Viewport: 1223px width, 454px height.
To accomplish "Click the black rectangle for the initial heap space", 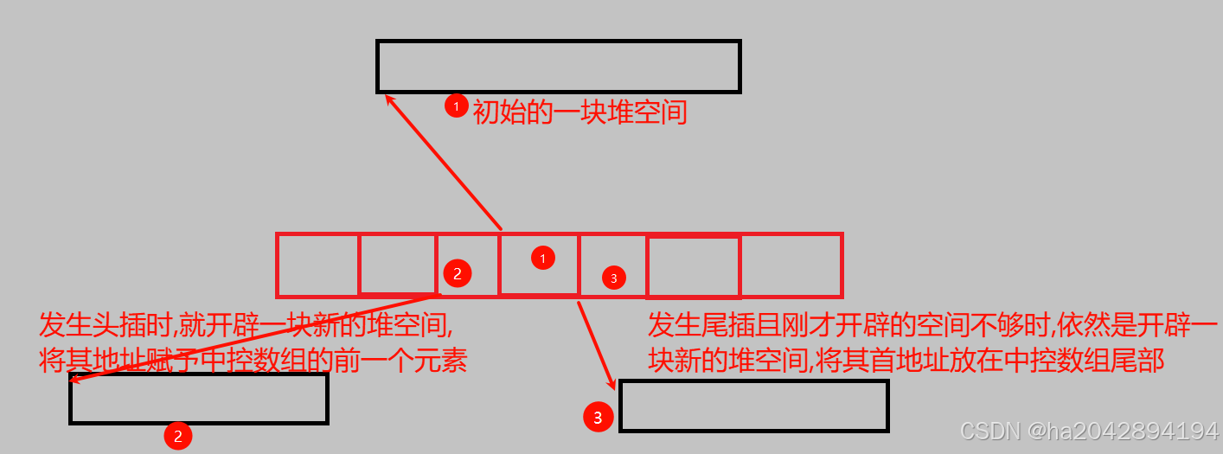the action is tap(559, 67).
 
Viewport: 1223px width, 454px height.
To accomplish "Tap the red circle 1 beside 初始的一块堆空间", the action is tap(457, 106).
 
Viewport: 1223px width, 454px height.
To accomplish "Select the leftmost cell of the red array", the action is tap(317, 265).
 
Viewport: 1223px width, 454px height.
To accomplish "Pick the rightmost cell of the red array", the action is tap(791, 265).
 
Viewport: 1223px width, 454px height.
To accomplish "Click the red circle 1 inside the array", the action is tap(542, 258).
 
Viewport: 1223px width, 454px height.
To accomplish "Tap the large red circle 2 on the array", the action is tap(458, 273).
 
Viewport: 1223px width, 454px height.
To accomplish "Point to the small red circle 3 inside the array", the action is tap(613, 278).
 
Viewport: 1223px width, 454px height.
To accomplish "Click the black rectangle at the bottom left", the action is tap(198, 399).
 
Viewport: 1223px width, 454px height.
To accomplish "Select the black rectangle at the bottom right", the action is tap(754, 406).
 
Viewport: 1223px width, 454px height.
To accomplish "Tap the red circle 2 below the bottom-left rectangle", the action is tap(177, 437).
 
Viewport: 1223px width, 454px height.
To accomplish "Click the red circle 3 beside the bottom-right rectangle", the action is tap(598, 418).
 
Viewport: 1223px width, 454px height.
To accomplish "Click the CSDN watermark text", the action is tap(1089, 432).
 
